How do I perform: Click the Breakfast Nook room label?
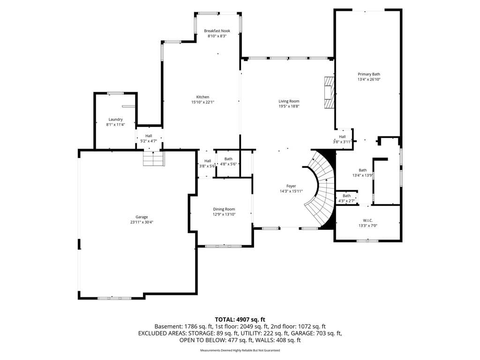(x=217, y=31)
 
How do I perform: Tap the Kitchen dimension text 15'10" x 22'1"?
(x=202, y=102)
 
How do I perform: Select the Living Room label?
(x=289, y=101)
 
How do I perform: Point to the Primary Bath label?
(x=369, y=74)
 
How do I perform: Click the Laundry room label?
(x=116, y=120)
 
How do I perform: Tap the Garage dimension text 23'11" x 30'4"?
(x=142, y=222)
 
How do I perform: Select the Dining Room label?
(x=224, y=210)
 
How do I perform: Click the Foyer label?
(x=291, y=186)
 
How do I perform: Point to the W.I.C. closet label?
(x=367, y=220)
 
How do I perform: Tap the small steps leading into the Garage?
(x=154, y=158)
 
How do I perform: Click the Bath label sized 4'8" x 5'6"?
(x=228, y=159)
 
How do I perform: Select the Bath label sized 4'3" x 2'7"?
(x=346, y=196)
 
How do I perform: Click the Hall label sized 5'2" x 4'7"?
(x=149, y=136)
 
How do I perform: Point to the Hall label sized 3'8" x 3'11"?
(x=342, y=137)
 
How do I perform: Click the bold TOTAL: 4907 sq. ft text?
(x=240, y=320)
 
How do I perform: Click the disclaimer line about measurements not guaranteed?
(x=240, y=350)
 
